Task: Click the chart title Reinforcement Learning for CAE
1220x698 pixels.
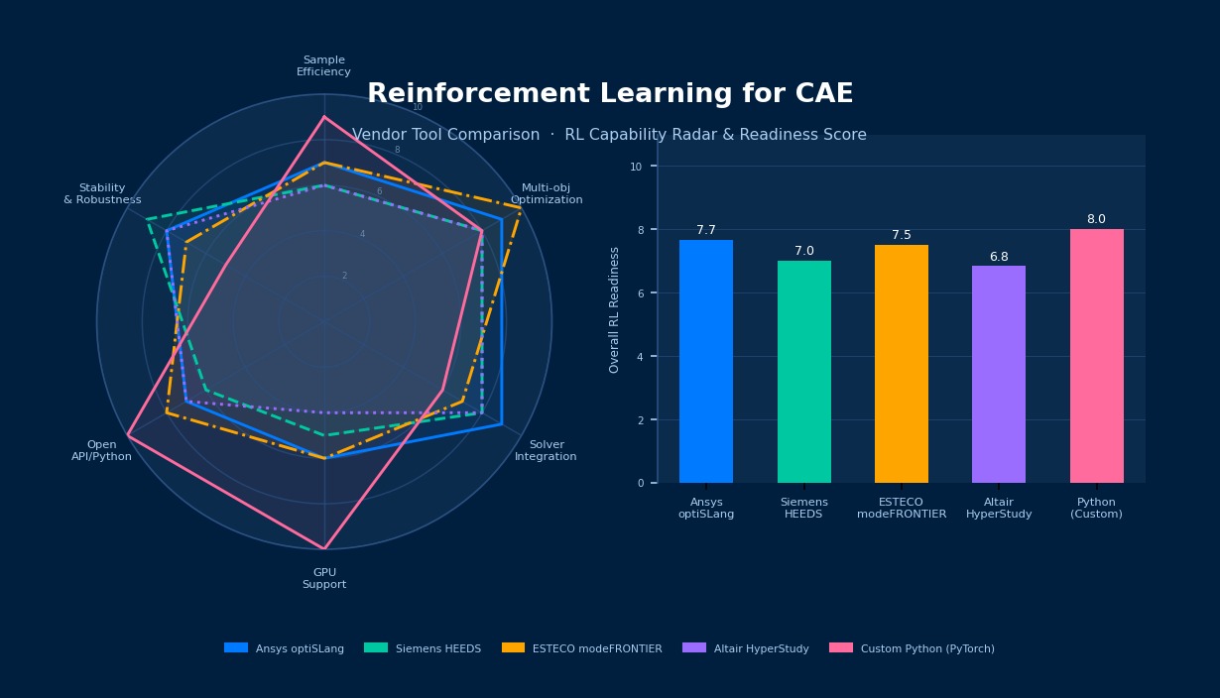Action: pyautogui.click(x=610, y=94)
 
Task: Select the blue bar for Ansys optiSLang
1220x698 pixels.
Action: pyautogui.click(x=706, y=362)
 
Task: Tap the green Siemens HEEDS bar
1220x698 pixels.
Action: pyautogui.click(x=803, y=372)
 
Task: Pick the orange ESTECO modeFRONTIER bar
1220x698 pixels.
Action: pyautogui.click(x=901, y=364)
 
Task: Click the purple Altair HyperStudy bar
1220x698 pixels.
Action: pyautogui.click(x=999, y=375)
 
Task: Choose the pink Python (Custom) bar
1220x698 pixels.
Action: pyautogui.click(x=1096, y=356)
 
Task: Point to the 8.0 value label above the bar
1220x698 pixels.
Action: pyautogui.click(x=1096, y=219)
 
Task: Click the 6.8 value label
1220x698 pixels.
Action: pyautogui.click(x=999, y=257)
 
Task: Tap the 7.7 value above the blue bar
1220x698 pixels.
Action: pyautogui.click(x=706, y=230)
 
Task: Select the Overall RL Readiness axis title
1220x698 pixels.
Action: pyautogui.click(x=615, y=309)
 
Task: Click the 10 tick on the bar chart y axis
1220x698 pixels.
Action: pyautogui.click(x=636, y=167)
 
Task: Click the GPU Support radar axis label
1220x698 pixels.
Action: pyautogui.click(x=324, y=578)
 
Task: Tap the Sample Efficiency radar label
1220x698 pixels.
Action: pyautogui.click(x=323, y=65)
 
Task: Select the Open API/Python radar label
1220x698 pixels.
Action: pyautogui.click(x=101, y=451)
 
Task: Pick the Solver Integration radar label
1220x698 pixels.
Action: pyautogui.click(x=546, y=451)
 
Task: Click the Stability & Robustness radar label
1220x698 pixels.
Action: pyautogui.click(x=102, y=193)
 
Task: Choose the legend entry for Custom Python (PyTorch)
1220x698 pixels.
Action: pyautogui.click(x=926, y=648)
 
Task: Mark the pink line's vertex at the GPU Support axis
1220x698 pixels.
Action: pyautogui.click(x=324, y=548)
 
